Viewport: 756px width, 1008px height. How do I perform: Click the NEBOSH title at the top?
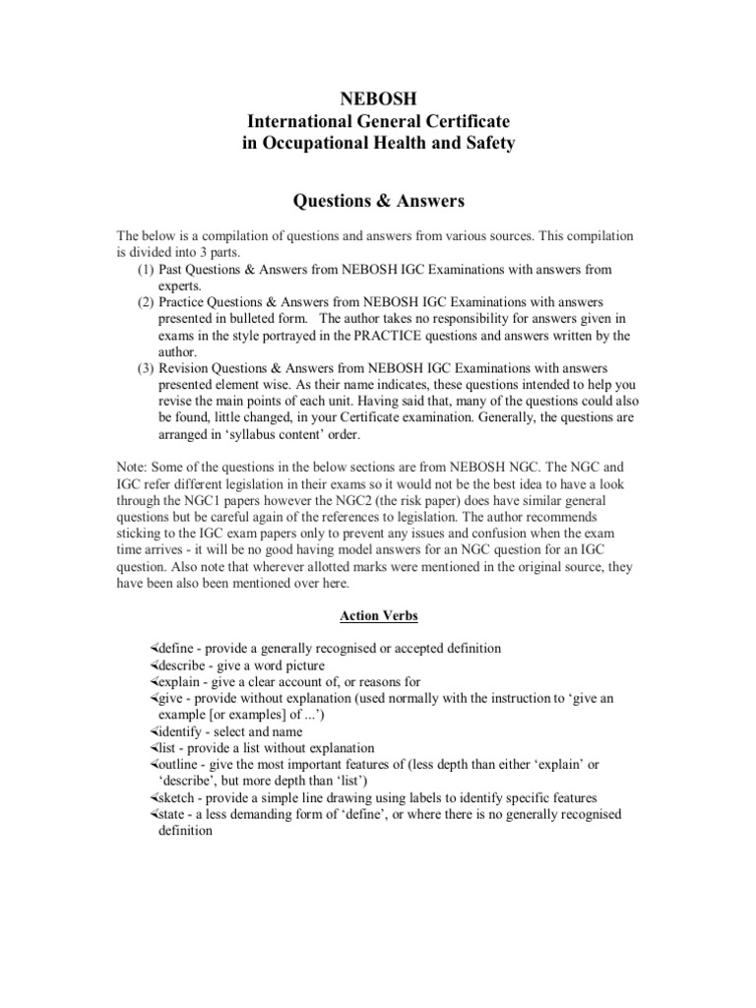(379, 98)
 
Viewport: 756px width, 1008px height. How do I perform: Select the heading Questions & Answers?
(379, 201)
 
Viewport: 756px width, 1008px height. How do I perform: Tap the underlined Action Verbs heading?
(379, 616)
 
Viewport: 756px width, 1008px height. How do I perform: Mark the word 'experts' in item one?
(181, 285)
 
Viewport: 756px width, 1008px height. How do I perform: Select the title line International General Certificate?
(379, 121)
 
